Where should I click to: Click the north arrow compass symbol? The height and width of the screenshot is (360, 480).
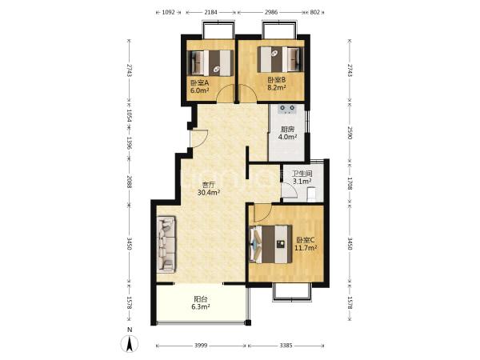pyautogui.click(x=130, y=343)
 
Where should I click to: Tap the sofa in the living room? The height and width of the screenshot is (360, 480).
pyautogui.click(x=166, y=244)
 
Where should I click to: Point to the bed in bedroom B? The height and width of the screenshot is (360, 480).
pyautogui.click(x=280, y=59)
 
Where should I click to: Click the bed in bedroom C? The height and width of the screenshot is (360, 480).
pyautogui.click(x=271, y=244)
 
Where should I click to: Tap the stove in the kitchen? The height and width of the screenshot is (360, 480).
pyautogui.click(x=287, y=109)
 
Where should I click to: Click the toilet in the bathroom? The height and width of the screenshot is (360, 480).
pyautogui.click(x=311, y=194)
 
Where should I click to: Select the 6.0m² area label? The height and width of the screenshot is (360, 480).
pyautogui.click(x=199, y=90)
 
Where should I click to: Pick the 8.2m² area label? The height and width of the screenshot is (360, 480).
pyautogui.click(x=277, y=87)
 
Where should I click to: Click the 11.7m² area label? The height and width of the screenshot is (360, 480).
pyautogui.click(x=306, y=248)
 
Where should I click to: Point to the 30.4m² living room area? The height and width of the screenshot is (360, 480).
pyautogui.click(x=209, y=193)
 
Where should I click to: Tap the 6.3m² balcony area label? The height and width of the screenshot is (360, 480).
pyautogui.click(x=201, y=306)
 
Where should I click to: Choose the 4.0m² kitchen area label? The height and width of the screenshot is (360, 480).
pyautogui.click(x=287, y=137)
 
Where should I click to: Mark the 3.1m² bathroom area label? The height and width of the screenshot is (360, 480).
pyautogui.click(x=302, y=182)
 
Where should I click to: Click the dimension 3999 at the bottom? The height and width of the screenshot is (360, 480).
pyautogui.click(x=201, y=346)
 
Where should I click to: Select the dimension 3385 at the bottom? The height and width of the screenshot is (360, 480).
pyautogui.click(x=286, y=346)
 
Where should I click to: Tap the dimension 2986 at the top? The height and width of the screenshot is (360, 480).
pyautogui.click(x=271, y=12)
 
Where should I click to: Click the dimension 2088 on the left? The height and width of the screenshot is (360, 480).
pyautogui.click(x=129, y=182)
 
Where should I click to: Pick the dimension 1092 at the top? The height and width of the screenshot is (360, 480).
pyautogui.click(x=168, y=12)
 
